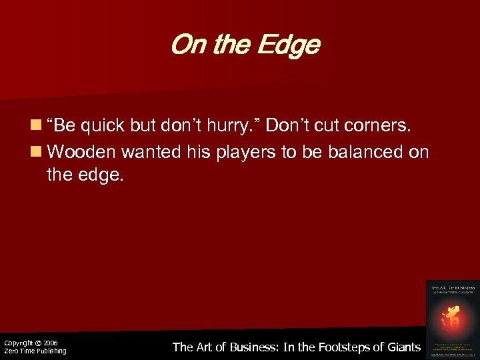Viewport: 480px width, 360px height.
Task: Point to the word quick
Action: (101, 125)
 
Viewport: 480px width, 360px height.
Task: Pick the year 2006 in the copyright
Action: (51, 343)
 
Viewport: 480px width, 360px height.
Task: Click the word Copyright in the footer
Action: (17, 343)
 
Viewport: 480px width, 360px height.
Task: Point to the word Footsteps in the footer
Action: (347, 347)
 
